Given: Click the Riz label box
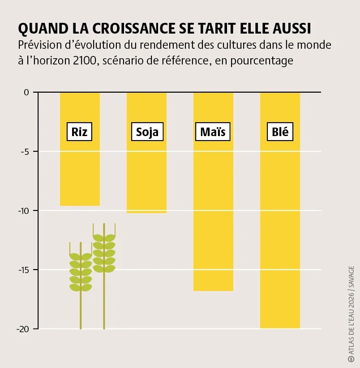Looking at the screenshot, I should tap(79, 132).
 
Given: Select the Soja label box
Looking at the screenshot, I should tap(147, 132).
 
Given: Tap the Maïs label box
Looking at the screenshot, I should tap(213, 132).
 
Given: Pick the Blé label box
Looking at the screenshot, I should tap(280, 132).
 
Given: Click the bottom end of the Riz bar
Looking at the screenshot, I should tap(80, 205).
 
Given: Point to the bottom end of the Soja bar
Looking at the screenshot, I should tap(146, 212).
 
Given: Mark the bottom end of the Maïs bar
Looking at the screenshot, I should tap(213, 290).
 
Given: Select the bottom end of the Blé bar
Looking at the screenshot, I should tap(280, 328).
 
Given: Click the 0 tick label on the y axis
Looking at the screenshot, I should tap(26, 92).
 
